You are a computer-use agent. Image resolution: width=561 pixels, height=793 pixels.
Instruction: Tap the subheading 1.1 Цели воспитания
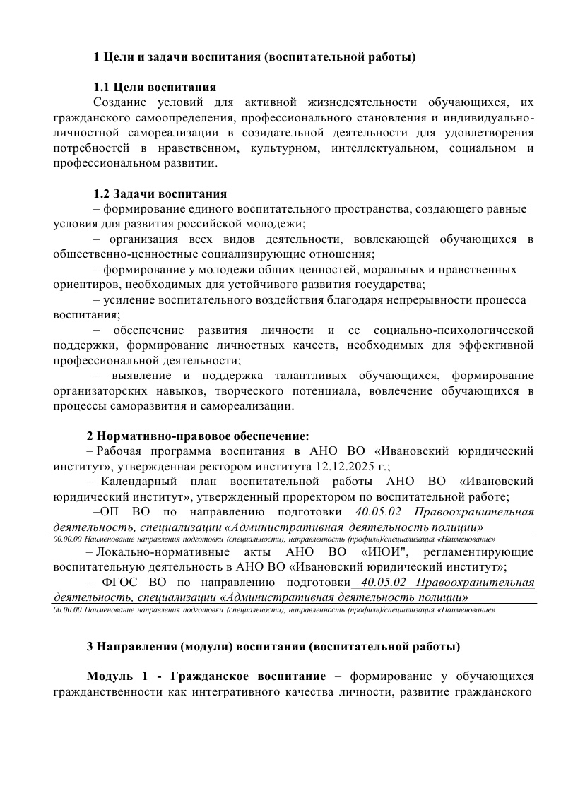pyautogui.click(x=155, y=88)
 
